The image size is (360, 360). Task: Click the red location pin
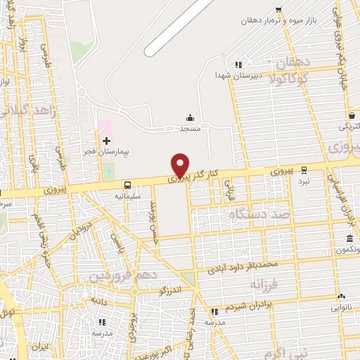pyautogui.click(x=181, y=165)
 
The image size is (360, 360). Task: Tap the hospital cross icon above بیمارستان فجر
pyautogui.click(x=107, y=141)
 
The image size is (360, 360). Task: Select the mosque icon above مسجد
pyautogui.click(x=190, y=118)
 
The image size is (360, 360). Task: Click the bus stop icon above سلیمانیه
pyautogui.click(x=127, y=186)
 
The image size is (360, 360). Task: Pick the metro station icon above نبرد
pyautogui.click(x=304, y=169)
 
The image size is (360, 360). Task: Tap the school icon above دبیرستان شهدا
pyautogui.click(x=239, y=64)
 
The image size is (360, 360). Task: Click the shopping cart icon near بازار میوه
pyautogui.click(x=279, y=9)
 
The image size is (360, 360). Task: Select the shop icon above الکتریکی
pyautogui.click(x=350, y=115)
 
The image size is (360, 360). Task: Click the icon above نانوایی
pyautogui.click(x=342, y=297)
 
